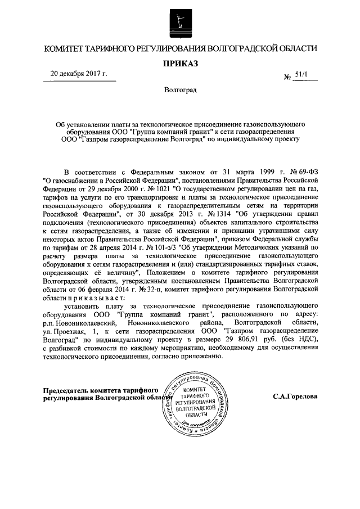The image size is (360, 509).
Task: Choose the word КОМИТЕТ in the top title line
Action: [x=67, y=48]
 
